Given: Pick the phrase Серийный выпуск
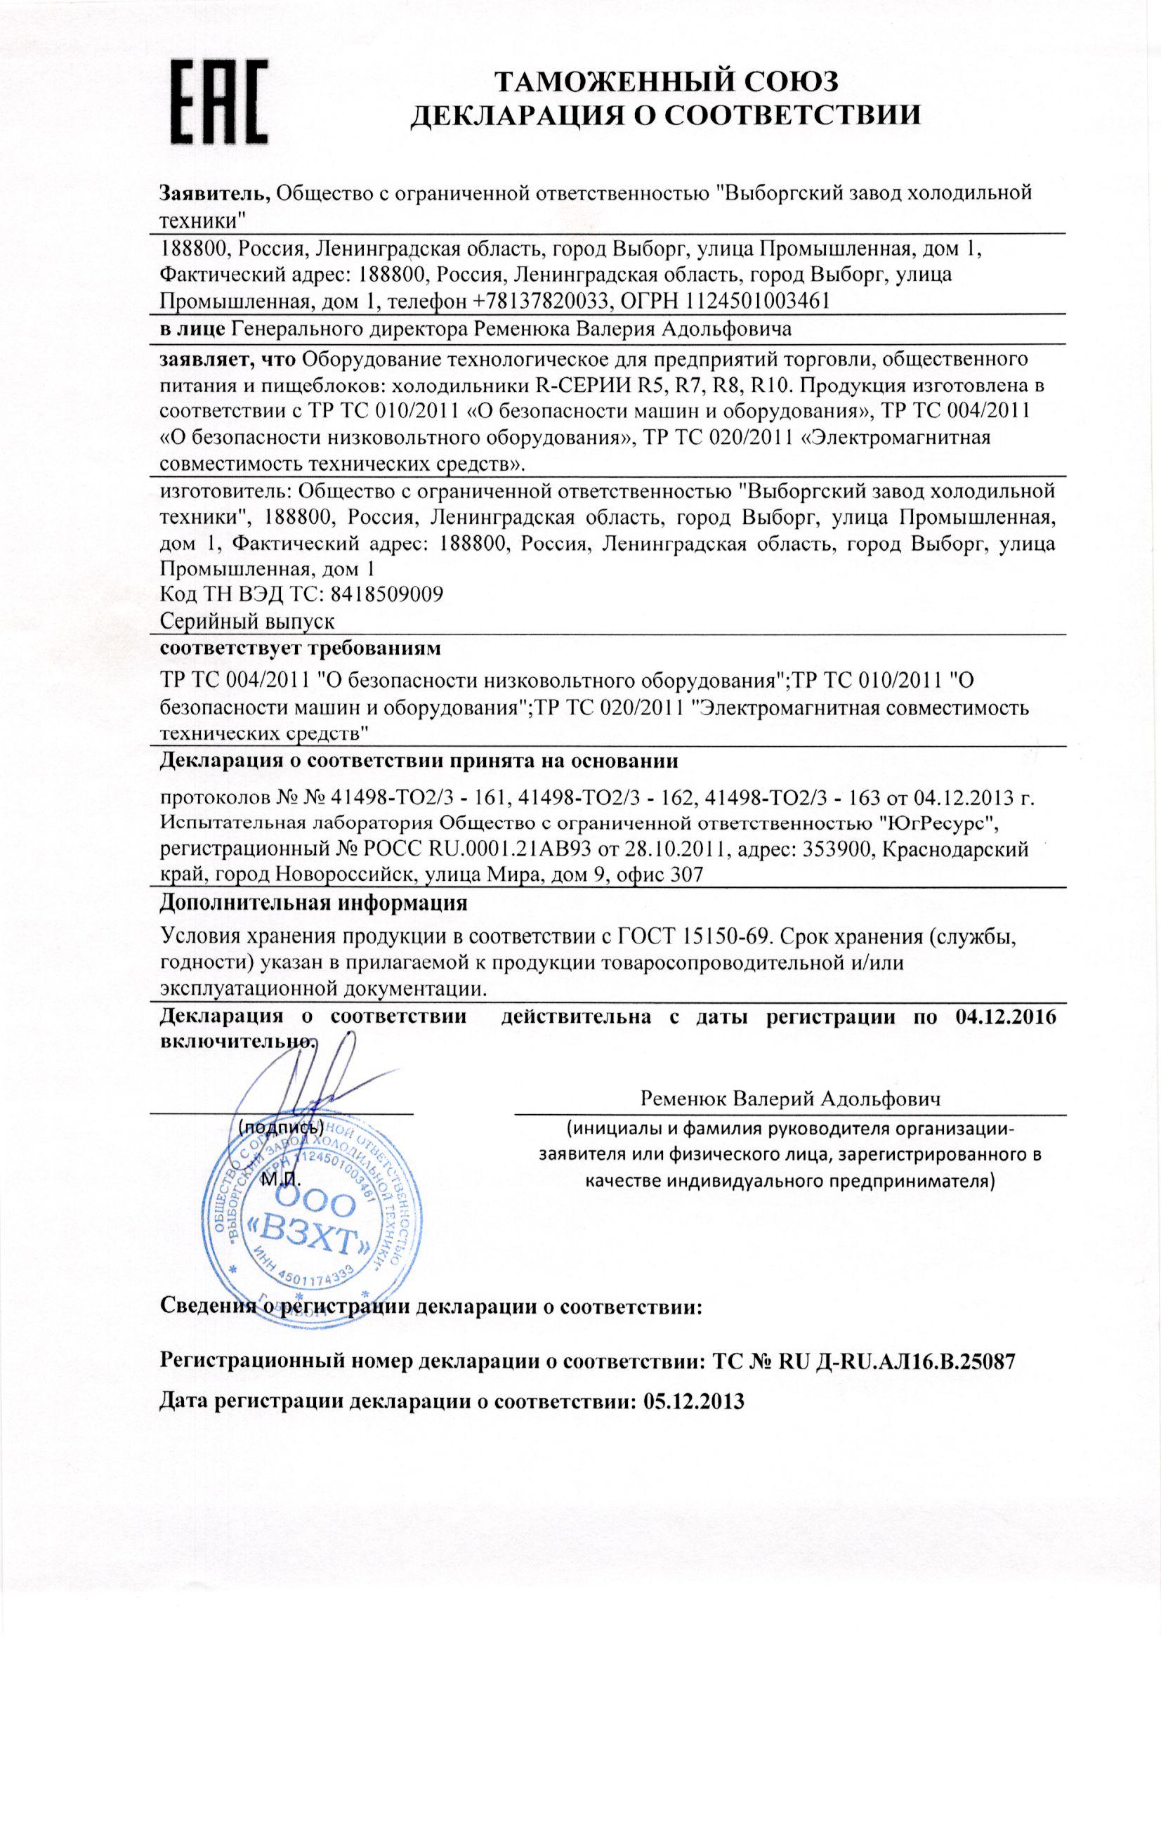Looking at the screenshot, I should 248,622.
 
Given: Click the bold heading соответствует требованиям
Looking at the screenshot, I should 301,649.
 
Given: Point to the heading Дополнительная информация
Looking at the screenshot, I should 313,903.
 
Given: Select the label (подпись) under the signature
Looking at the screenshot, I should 281,1126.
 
